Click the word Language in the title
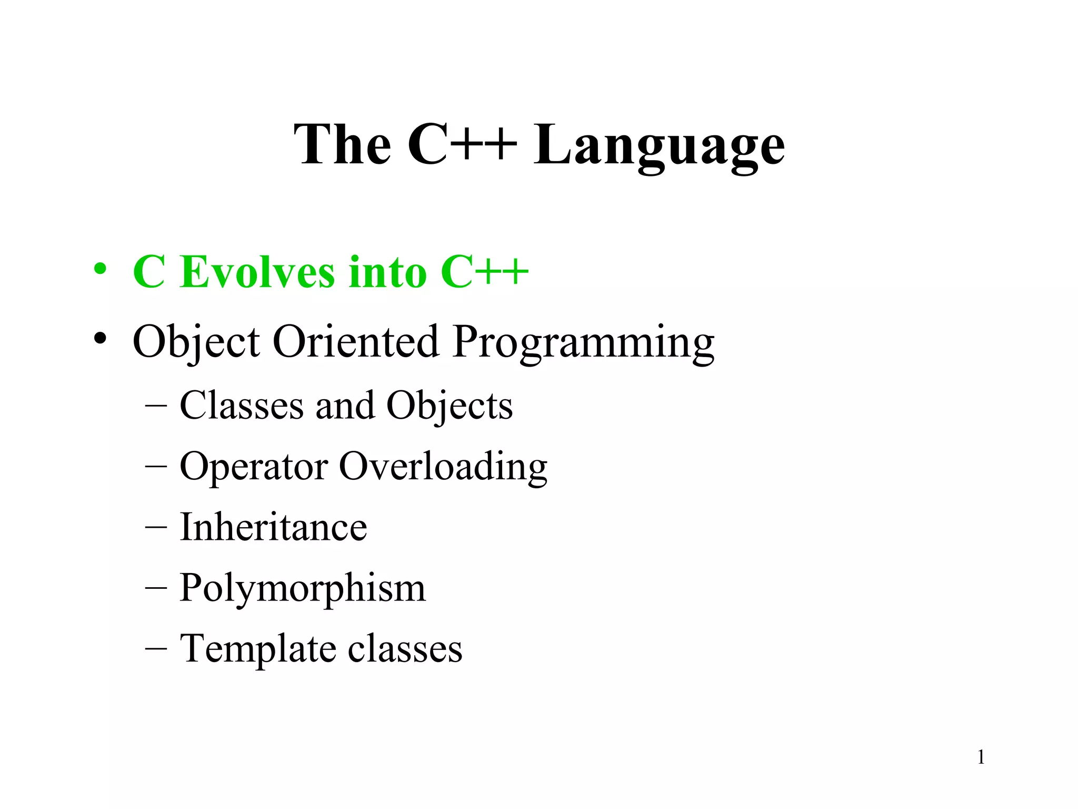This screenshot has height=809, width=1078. coord(659,145)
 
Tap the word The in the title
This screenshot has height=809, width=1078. coord(342,145)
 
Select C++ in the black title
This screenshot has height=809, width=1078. coord(462,145)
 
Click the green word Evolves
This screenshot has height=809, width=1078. coord(257,272)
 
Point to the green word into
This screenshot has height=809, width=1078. coord(387,272)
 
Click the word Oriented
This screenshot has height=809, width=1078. coord(356,341)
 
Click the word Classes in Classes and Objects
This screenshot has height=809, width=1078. coord(242,406)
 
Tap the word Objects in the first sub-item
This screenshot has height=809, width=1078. coord(450,407)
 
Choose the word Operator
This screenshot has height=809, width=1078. coord(254,467)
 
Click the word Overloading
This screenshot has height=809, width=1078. coord(443,467)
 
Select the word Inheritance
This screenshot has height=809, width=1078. coord(273,527)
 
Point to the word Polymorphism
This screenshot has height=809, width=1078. coord(302,588)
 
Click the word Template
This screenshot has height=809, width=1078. coord(258,649)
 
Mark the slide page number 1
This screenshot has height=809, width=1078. coord(981,757)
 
